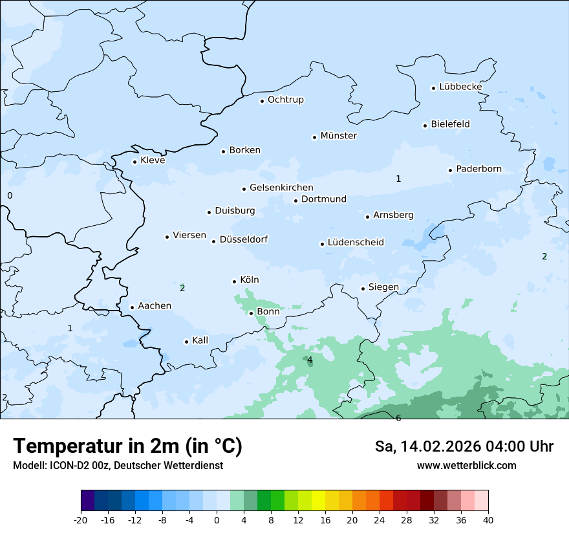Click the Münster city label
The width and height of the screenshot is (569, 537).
pyautogui.click(x=338, y=136)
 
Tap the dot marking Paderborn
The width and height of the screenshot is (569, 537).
pyautogui.click(x=451, y=170)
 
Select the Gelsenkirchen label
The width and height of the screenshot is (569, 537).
pyautogui.click(x=281, y=188)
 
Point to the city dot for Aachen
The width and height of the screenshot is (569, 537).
pyautogui.click(x=132, y=307)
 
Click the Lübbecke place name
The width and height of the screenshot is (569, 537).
pyautogui.click(x=460, y=87)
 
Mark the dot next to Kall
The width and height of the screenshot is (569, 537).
pyautogui.click(x=186, y=342)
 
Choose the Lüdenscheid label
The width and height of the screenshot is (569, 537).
pyautogui.click(x=356, y=243)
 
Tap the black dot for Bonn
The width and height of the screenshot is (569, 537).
pyautogui.click(x=252, y=313)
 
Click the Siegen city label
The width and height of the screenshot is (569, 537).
pyautogui.click(x=383, y=287)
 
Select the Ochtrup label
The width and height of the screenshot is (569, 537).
pyautogui.click(x=285, y=100)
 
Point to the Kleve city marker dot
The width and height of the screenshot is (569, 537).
pyautogui.click(x=134, y=162)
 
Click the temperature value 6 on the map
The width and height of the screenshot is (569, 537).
pyautogui.click(x=398, y=418)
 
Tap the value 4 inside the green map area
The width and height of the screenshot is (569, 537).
pyautogui.click(x=310, y=360)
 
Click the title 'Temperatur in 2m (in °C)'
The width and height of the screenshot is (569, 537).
pyautogui.click(x=127, y=446)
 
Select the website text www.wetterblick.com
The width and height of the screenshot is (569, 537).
pyautogui.click(x=466, y=465)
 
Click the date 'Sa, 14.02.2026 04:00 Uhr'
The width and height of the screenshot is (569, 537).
pyautogui.click(x=464, y=446)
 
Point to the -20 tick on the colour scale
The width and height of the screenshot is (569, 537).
pyautogui.click(x=81, y=520)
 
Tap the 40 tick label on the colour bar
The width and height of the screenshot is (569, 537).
pyautogui.click(x=488, y=520)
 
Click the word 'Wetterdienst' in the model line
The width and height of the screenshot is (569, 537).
pyautogui.click(x=195, y=465)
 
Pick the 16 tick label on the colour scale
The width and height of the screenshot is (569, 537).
pyautogui.click(x=325, y=520)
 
